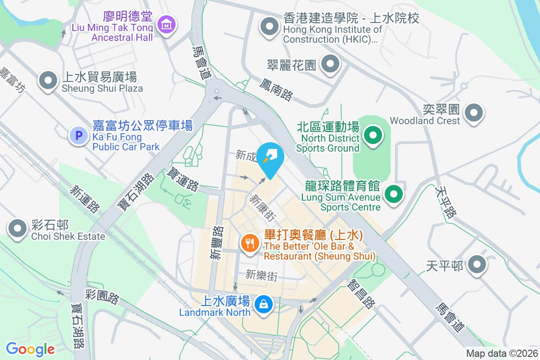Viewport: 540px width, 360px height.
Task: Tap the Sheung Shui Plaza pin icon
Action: point(47,81)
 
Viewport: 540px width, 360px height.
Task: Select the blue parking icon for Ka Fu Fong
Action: point(79,135)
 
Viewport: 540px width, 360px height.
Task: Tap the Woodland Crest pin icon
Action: point(473,112)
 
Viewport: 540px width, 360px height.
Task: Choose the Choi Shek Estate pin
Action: point(18,229)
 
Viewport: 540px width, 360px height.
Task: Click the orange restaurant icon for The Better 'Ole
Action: point(249,243)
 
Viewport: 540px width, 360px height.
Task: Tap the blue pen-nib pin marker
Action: point(271,158)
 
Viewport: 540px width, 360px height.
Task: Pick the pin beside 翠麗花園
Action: point(331,65)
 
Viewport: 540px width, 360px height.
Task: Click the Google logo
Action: point(30,349)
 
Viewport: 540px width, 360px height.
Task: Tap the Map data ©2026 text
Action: point(502,354)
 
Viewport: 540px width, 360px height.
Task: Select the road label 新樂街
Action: point(261,275)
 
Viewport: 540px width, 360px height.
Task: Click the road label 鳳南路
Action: point(276,89)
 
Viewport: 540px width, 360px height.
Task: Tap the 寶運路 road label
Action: point(183,179)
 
